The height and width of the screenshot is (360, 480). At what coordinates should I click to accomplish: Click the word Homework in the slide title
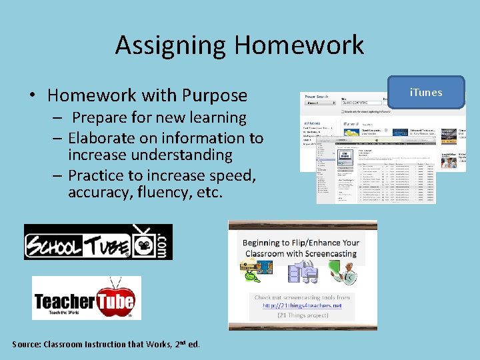299,45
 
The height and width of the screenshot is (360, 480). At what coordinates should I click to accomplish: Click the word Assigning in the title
171,45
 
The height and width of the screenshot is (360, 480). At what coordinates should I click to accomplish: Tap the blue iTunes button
426,93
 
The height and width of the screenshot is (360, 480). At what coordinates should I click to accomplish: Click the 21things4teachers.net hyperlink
302,305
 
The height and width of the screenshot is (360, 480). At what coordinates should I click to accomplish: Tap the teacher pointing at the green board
342,272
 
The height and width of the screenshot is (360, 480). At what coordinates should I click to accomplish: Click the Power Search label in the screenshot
316,97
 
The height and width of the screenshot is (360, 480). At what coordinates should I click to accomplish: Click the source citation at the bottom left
106,344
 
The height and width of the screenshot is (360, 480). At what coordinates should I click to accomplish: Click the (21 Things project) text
302,315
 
